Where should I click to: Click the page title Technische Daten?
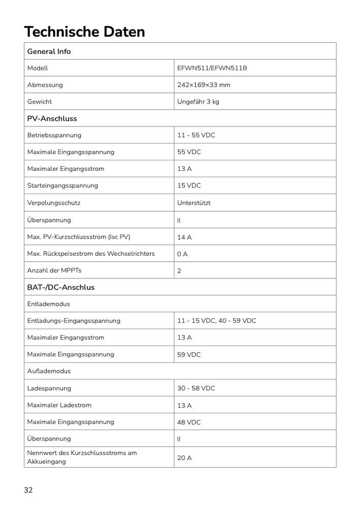pos(84,31)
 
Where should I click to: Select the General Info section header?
pos(49,51)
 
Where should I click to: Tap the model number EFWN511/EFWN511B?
pos(212,68)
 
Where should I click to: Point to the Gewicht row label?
pos(39,102)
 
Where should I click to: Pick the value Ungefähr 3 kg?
pos(198,102)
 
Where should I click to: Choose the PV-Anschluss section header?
pos(52,119)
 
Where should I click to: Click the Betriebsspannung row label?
pos(54,135)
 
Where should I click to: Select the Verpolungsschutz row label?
pos(55,202)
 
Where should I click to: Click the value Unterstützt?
pos(194,202)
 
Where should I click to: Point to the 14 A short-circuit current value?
pos(184,237)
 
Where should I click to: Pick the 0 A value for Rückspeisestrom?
pos(182,254)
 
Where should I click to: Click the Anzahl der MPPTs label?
pos(54,270)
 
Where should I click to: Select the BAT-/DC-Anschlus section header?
pos(61,287)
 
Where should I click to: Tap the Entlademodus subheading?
pos(48,304)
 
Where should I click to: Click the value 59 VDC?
pos(189,355)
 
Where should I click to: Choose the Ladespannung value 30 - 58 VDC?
pos(196,389)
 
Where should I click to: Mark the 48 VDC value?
pos(189,422)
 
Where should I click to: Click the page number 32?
pos(28,490)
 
